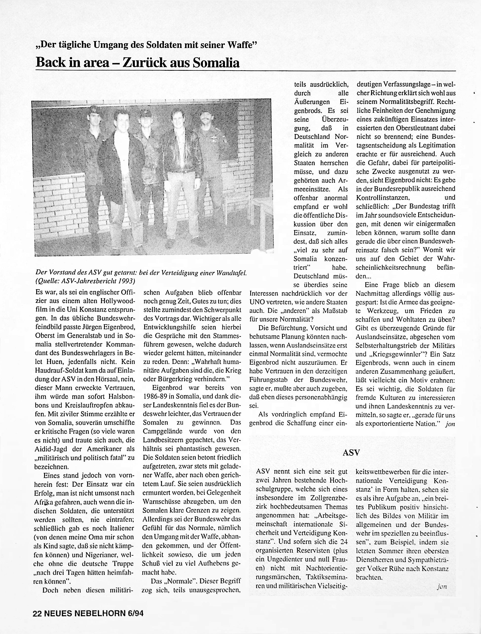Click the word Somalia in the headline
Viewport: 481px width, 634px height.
point(216,63)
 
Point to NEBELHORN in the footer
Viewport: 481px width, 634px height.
point(100,621)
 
